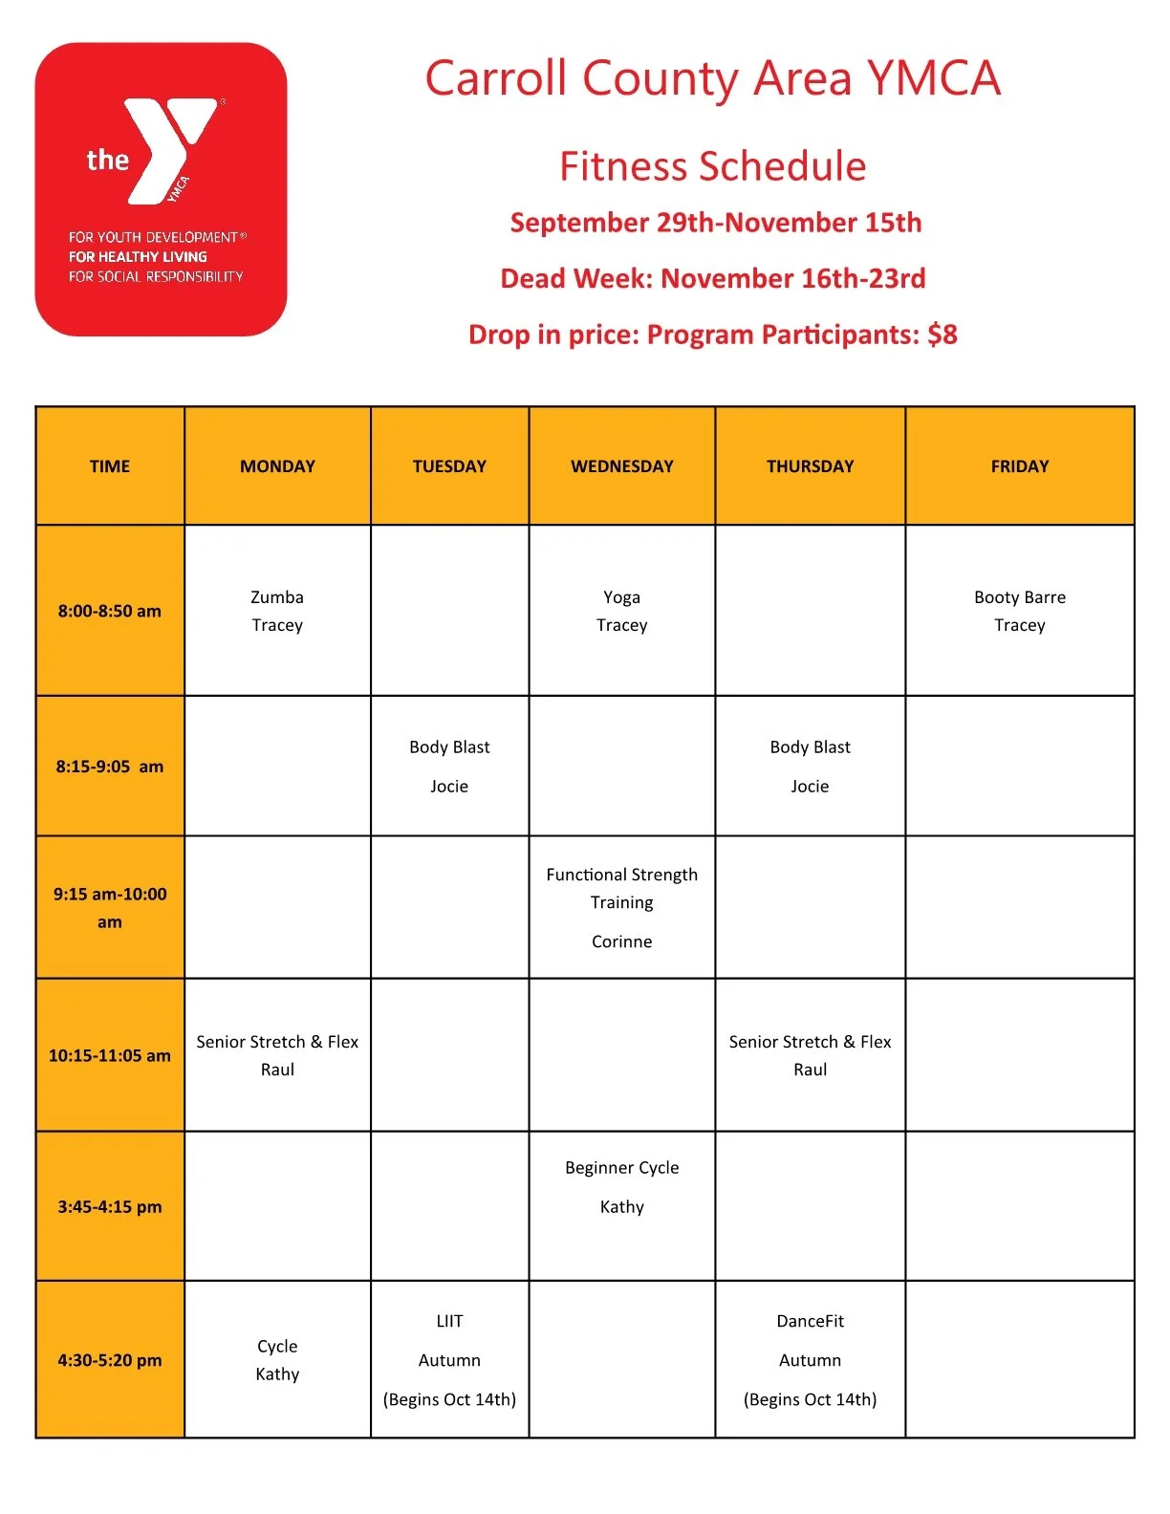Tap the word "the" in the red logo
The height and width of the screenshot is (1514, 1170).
[x=107, y=160]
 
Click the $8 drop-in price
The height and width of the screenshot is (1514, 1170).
[x=942, y=335]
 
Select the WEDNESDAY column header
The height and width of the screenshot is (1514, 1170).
[x=621, y=466]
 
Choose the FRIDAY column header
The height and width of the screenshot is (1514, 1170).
[x=1019, y=466]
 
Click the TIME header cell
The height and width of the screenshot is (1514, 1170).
[x=110, y=466]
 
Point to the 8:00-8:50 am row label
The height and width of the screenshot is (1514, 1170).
[x=110, y=611]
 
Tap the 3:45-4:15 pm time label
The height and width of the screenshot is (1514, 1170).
[x=110, y=1206]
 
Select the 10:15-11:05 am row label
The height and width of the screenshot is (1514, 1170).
[x=110, y=1055]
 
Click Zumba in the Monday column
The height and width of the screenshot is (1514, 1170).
[x=277, y=597]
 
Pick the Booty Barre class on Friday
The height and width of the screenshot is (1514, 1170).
[x=1019, y=597]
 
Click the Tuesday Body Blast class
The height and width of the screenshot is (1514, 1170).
[x=449, y=747]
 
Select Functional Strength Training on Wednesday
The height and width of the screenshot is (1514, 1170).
[x=621, y=888]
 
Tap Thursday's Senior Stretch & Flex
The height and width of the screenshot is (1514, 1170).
[x=810, y=1042]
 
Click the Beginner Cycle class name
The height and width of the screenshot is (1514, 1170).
[x=621, y=1168]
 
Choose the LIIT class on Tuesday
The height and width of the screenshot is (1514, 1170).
[x=449, y=1321]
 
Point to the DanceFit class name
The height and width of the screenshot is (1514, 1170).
[x=810, y=1321]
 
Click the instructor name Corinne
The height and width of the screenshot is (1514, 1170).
[x=621, y=941]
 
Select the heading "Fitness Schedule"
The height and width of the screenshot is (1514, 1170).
[x=712, y=166]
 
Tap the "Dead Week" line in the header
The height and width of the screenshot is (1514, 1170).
[x=712, y=278]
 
